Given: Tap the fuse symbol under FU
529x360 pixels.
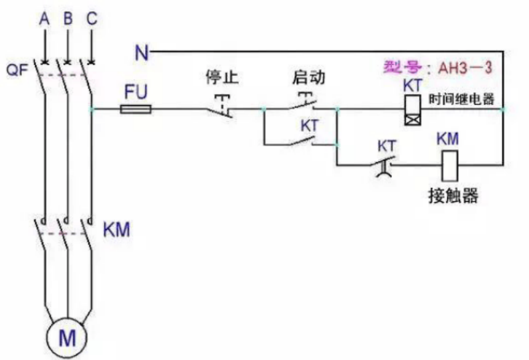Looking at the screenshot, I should (x=135, y=108).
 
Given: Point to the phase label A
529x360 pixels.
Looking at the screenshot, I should (x=44, y=19).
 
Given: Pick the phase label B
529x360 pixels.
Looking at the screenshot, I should (x=68, y=19).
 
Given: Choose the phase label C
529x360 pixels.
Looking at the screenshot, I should (x=92, y=19).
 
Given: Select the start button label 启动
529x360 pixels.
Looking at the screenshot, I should (x=308, y=78).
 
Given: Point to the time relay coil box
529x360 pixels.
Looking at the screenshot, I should (x=411, y=108).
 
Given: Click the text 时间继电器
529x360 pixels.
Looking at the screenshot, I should (x=461, y=100).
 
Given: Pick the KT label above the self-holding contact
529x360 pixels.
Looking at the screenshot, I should (x=309, y=125).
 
